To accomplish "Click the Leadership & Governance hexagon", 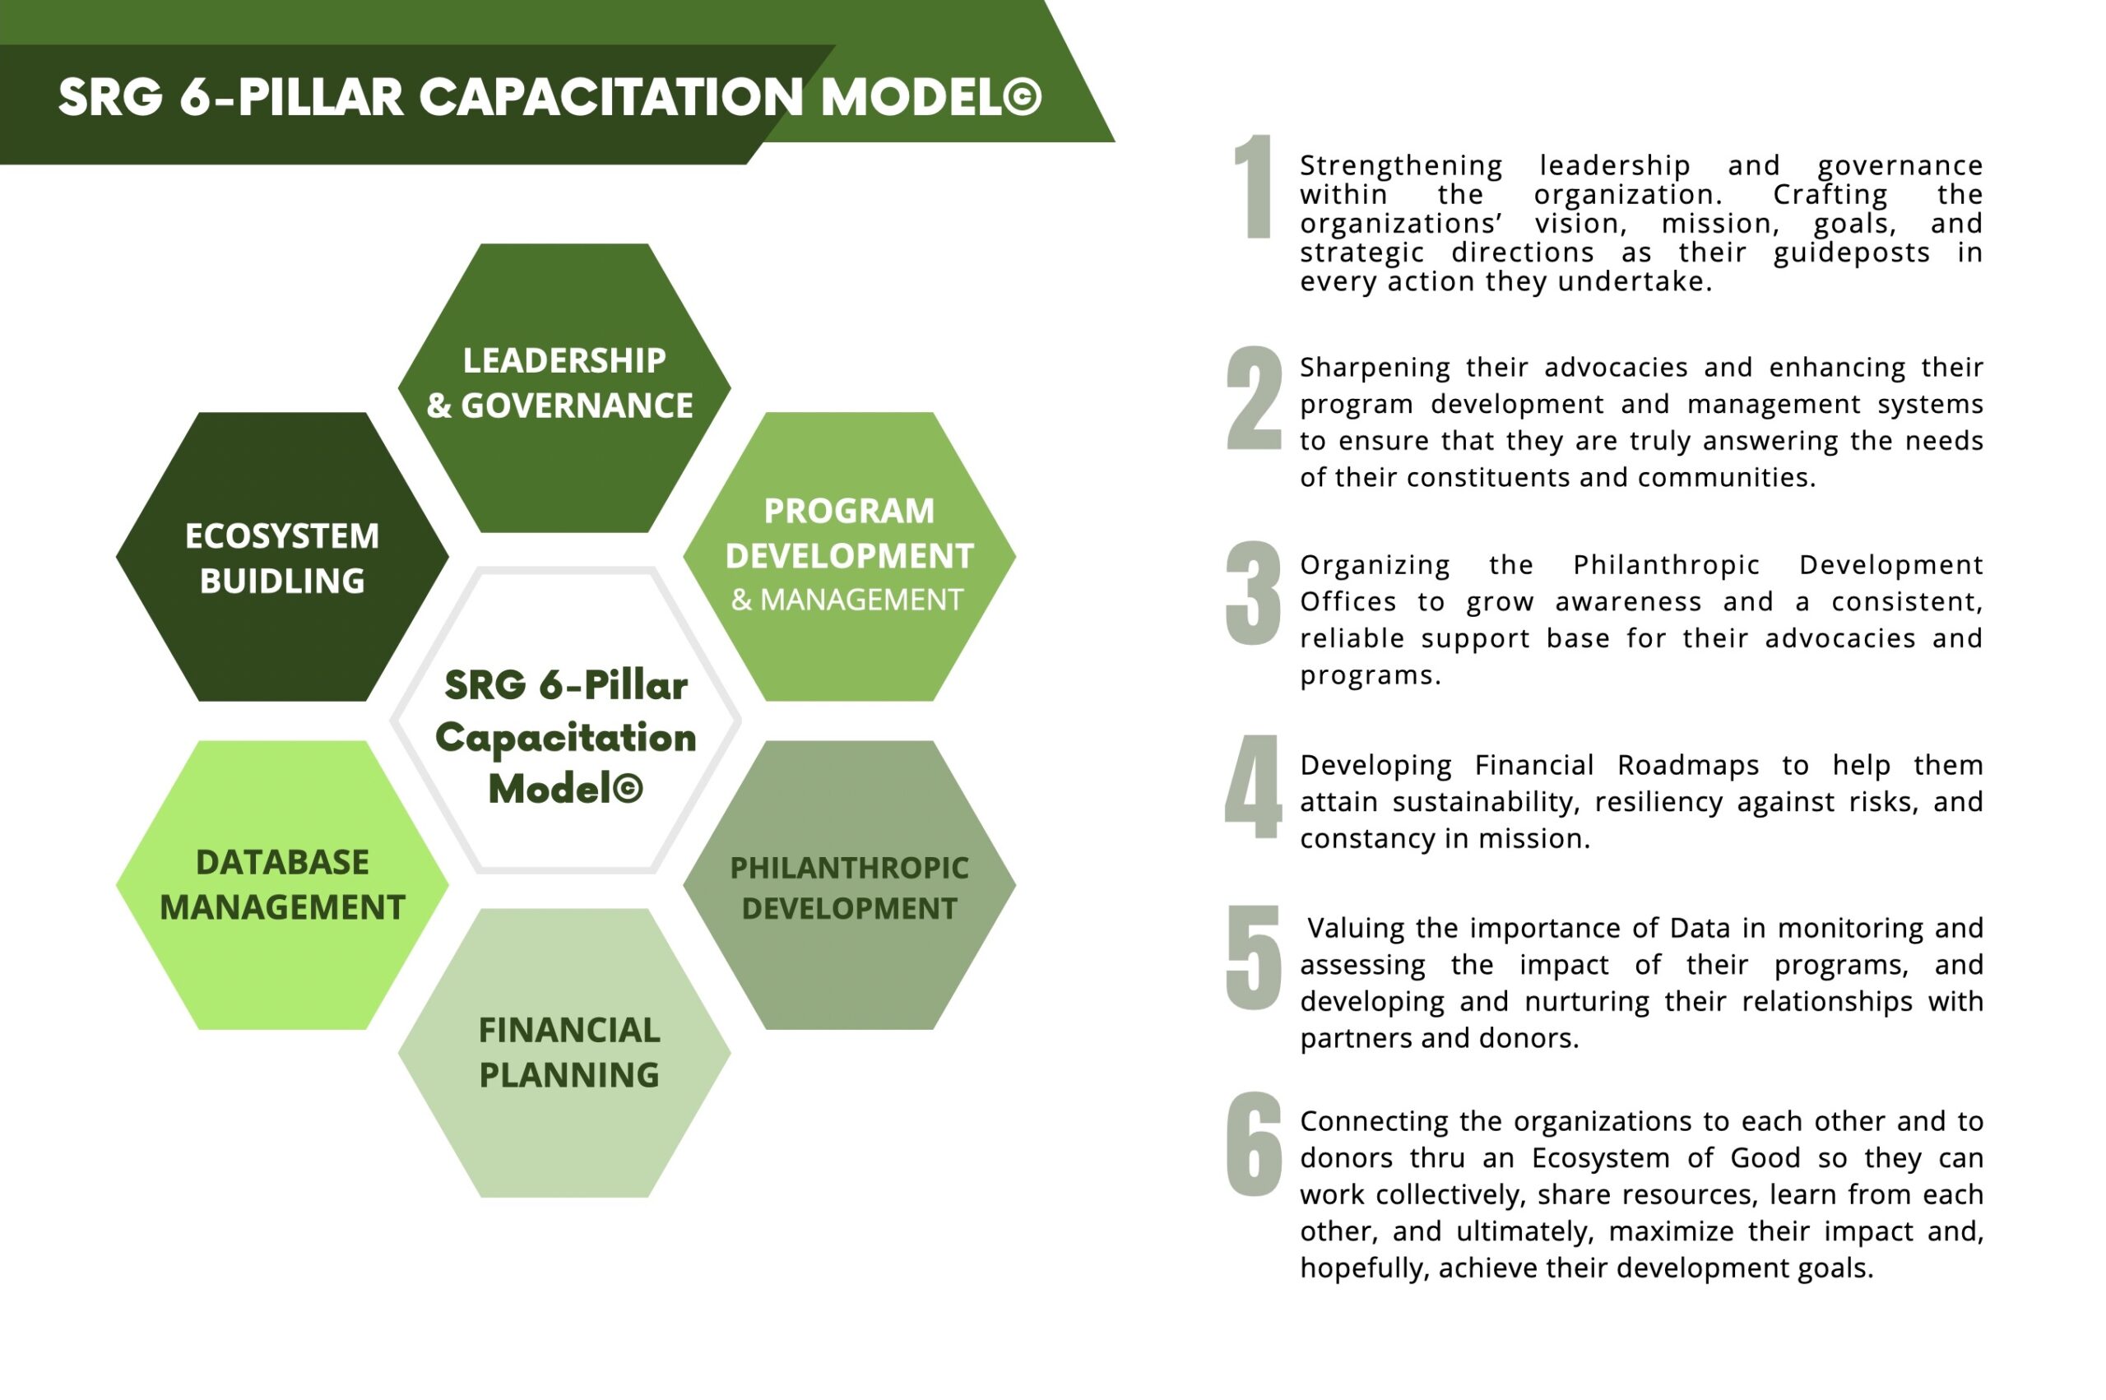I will click(564, 388).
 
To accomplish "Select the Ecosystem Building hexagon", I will click(282, 556).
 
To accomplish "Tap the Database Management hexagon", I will click(282, 885).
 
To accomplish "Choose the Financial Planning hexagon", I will click(564, 1053).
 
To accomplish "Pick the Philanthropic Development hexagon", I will click(849, 885).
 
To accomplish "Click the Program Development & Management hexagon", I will click(849, 556).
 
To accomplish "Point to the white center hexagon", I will click(565, 721).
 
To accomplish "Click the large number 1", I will click(1255, 187).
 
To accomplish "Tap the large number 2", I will click(1254, 397).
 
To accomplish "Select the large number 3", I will click(1253, 593).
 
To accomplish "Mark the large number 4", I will click(1253, 786).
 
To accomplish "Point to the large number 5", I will click(1253, 957).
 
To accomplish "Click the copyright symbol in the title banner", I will click(1023, 97).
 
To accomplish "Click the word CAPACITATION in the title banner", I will click(611, 97).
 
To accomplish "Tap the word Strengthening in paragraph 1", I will click(1401, 166).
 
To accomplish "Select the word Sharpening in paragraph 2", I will click(1375, 368).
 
